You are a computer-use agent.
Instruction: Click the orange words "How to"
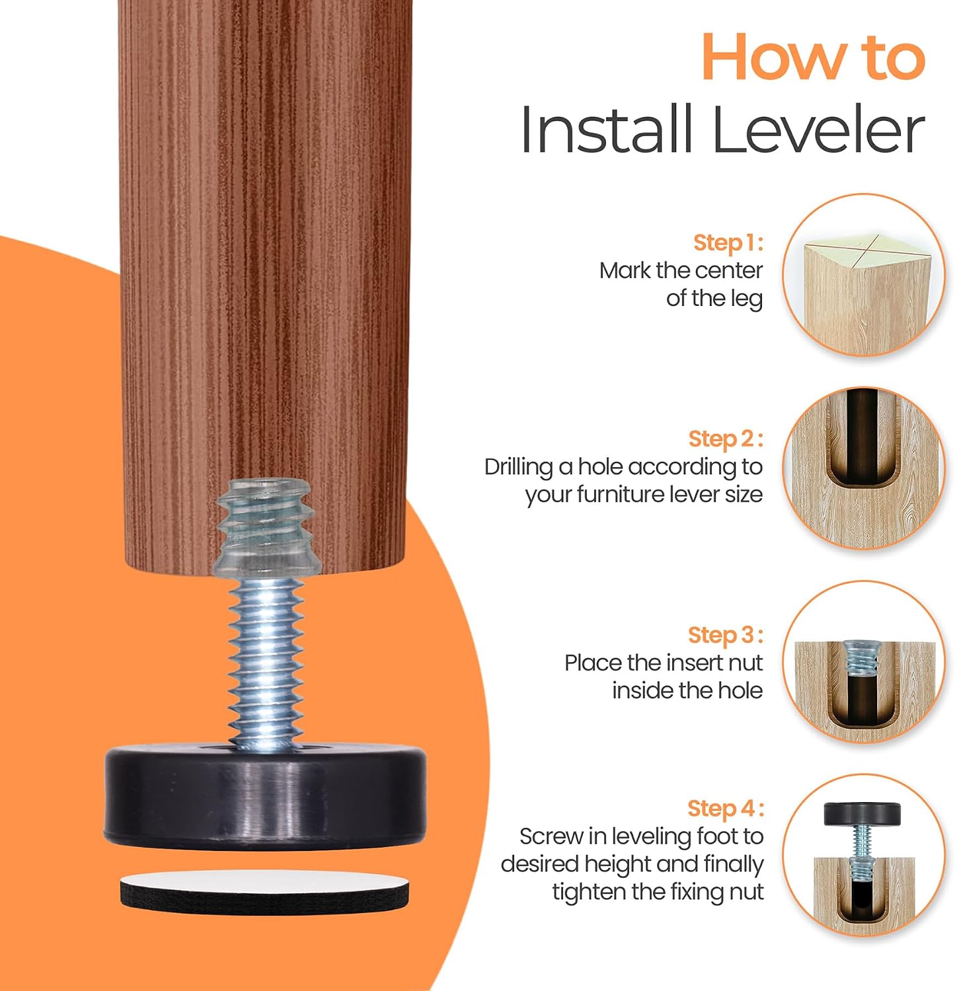pyautogui.click(x=813, y=58)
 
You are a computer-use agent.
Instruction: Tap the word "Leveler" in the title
pyautogui.click(x=818, y=129)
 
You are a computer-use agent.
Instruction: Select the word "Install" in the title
pyautogui.click(x=607, y=129)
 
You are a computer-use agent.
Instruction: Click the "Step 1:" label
pyautogui.click(x=728, y=242)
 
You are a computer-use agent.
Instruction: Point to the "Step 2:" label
pyautogui.click(x=726, y=439)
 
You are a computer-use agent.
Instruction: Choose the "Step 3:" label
pyautogui.click(x=726, y=635)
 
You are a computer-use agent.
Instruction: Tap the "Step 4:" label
pyautogui.click(x=726, y=808)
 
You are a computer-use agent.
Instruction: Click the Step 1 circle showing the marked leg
pyautogui.click(x=864, y=275)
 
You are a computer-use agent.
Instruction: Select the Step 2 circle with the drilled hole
pyautogui.click(x=864, y=468)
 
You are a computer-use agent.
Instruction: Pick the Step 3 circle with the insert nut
pyautogui.click(x=864, y=662)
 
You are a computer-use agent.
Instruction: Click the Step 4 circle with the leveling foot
pyautogui.click(x=864, y=856)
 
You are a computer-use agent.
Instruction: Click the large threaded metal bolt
pyautogui.click(x=265, y=661)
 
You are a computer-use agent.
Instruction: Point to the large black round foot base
pyautogui.click(x=265, y=795)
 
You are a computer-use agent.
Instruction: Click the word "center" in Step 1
pyautogui.click(x=729, y=271)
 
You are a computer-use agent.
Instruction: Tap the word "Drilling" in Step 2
pyautogui.click(x=519, y=468)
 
